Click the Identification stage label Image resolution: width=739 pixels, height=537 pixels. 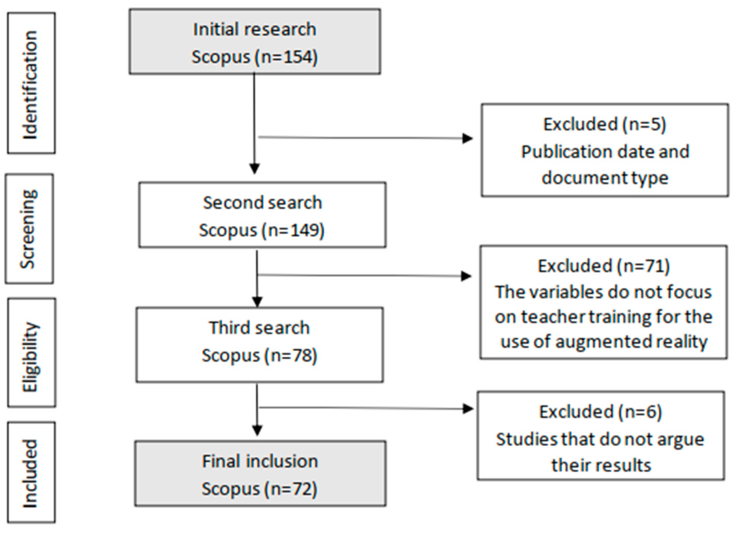pyautogui.click(x=30, y=84)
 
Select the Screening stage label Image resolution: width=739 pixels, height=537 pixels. pyautogui.click(x=29, y=229)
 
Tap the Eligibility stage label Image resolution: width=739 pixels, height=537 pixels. pyautogui.click(x=30, y=356)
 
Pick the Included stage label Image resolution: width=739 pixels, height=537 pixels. pyautogui.click(x=30, y=474)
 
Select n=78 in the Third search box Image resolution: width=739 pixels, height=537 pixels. pyautogui.click(x=293, y=355)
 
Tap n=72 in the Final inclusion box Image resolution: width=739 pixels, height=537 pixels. pyautogui.click(x=293, y=489)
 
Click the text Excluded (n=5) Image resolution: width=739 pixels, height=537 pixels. pyautogui.click(x=604, y=124)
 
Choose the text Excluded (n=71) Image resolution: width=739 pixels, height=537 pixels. pyautogui.click(x=603, y=266)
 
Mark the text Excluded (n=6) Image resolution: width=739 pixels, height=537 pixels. pyautogui.click(x=600, y=412)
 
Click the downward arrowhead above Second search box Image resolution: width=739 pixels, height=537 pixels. pyautogui.click(x=254, y=169)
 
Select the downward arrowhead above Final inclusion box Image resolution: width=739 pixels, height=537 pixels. pyautogui.click(x=257, y=431)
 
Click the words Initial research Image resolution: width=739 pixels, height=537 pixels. pyautogui.click(x=254, y=29)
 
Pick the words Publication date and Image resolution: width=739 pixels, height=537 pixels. pyautogui.click(x=605, y=152)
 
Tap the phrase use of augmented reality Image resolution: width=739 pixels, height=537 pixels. pyautogui.click(x=604, y=342)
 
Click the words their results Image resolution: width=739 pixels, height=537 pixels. pyautogui.click(x=601, y=465)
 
